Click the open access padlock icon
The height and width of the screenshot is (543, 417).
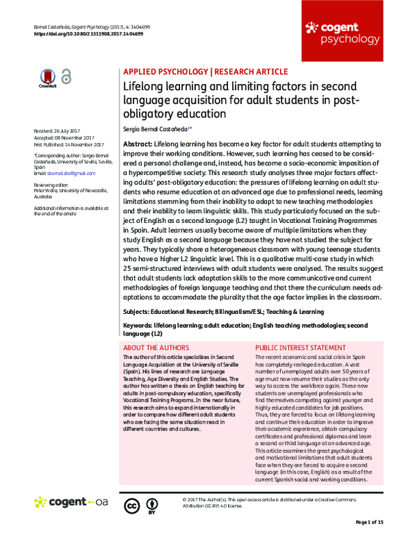65,78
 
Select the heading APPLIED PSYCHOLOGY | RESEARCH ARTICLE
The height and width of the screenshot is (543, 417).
205,72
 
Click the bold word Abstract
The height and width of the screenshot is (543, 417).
138,142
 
